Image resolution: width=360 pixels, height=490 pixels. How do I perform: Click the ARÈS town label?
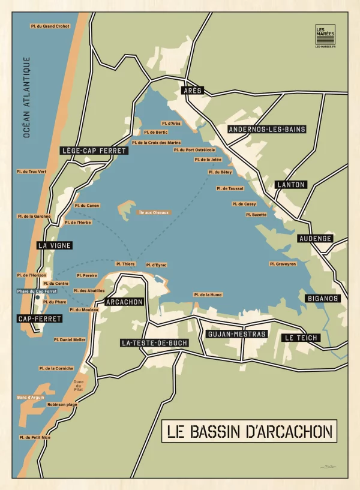click(193, 91)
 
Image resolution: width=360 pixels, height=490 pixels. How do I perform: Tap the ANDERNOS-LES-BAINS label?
click(266, 130)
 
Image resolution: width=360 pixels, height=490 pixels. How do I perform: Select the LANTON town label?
click(290, 185)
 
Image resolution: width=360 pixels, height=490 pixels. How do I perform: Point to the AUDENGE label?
click(315, 239)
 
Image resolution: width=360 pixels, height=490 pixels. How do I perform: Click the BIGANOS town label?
click(323, 298)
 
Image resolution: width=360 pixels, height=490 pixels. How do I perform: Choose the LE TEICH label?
click(301, 338)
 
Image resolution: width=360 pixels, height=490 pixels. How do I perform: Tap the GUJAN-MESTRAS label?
click(235, 334)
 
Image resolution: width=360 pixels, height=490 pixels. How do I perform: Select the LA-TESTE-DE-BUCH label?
click(154, 343)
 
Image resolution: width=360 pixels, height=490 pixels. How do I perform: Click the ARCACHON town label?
click(125, 302)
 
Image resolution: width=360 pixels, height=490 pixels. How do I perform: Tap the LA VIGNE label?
click(55, 245)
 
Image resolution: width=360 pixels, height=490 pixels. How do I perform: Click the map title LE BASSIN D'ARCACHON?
click(248, 431)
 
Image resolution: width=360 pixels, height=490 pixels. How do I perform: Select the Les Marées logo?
click(325, 37)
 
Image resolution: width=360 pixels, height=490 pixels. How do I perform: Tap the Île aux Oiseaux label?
click(154, 212)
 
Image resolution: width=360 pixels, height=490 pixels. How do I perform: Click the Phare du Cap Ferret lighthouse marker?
click(38, 297)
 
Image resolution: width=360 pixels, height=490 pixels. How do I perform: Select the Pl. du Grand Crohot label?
click(50, 26)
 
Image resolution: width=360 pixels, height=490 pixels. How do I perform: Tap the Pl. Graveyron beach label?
click(283, 264)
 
